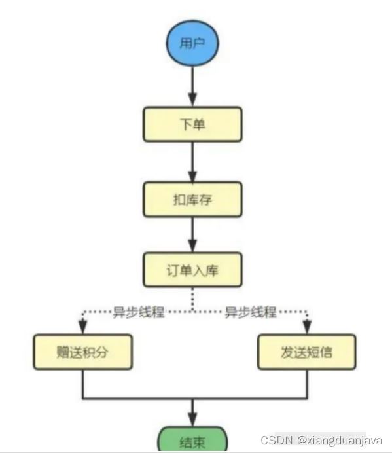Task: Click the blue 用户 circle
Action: point(192,43)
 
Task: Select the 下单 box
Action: point(192,124)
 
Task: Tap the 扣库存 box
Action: point(192,200)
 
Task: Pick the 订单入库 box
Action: point(192,270)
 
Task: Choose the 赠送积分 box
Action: point(82,352)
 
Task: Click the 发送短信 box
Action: point(307,352)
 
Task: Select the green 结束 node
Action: point(192,440)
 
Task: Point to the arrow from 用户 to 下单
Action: point(192,86)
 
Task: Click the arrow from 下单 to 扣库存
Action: point(192,162)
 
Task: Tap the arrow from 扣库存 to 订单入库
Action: point(192,234)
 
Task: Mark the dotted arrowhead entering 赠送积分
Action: point(82,327)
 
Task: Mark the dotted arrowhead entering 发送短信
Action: point(307,327)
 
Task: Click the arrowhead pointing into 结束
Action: point(192,420)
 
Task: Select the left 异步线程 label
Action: point(139,312)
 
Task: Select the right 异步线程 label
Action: point(251,312)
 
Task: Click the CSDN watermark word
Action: point(277,440)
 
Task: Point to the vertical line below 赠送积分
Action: point(83,384)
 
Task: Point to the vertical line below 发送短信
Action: point(307,384)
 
